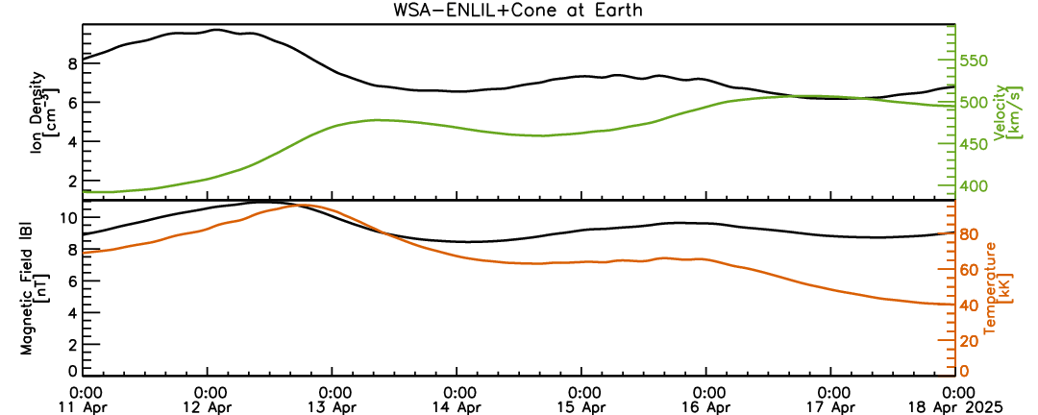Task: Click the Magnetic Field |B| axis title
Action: coord(33,288)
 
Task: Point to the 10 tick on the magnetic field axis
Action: coord(69,217)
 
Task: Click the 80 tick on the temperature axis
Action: coord(969,234)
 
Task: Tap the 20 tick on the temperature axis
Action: coord(969,340)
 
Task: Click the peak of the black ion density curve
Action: coord(216,30)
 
